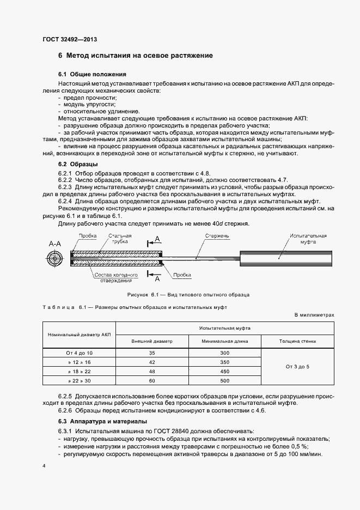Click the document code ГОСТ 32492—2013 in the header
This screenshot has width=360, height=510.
70,39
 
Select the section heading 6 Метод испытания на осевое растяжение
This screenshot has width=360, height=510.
135,56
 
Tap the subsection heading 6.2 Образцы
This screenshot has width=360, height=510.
78,164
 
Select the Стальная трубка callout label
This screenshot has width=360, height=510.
120,239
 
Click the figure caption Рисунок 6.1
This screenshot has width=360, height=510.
188,295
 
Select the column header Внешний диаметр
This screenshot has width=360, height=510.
152,341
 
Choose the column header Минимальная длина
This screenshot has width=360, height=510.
225,341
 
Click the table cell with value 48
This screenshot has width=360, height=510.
152,371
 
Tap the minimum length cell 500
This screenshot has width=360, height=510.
225,380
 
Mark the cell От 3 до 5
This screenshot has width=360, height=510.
297,367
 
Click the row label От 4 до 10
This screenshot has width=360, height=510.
80,353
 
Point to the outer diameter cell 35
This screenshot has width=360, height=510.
152,353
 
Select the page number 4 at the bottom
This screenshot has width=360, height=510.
44,466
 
